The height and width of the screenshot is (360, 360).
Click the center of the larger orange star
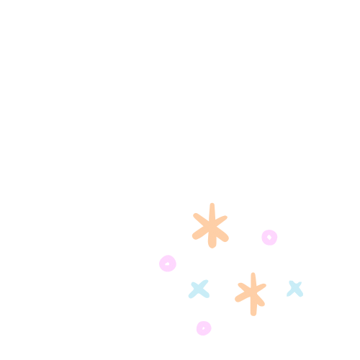click(x=211, y=226)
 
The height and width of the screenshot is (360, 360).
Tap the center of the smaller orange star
click(x=252, y=292)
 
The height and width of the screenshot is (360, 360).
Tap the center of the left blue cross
click(x=199, y=289)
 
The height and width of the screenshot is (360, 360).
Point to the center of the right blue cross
click(x=294, y=288)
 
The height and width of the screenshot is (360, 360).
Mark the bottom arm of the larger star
click(x=212, y=242)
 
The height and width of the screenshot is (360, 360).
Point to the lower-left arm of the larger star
click(x=198, y=235)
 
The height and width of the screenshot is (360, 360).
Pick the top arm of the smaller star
click(x=253, y=278)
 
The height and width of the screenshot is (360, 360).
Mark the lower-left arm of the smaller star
click(x=240, y=297)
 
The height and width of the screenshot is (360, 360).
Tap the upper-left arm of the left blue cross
click(x=194, y=284)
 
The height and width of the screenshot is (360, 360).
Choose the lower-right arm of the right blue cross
click(x=299, y=293)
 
